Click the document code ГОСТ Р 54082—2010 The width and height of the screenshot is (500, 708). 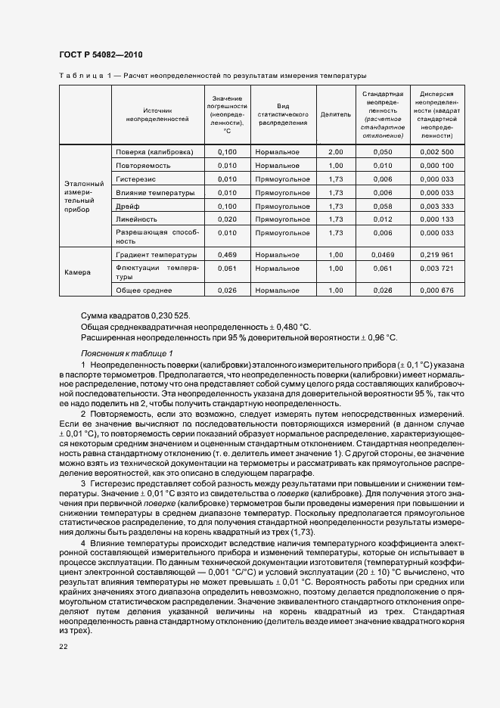pyautogui.click(x=100, y=54)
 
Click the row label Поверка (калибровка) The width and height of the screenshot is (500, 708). pyautogui.click(x=154, y=152)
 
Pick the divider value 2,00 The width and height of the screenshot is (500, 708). pyautogui.click(x=336, y=152)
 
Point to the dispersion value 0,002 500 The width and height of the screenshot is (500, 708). pyautogui.click(x=436, y=152)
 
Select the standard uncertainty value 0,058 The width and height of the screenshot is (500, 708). pyautogui.click(x=383, y=206)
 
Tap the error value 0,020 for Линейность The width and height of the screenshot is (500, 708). pyautogui.click(x=227, y=219)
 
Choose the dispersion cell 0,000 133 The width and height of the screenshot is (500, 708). pyautogui.click(x=436, y=219)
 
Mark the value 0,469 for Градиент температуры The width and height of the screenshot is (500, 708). pyautogui.click(x=227, y=255)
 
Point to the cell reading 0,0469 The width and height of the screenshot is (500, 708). pyautogui.click(x=383, y=255)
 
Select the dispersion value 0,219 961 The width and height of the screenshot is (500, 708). pyautogui.click(x=436, y=255)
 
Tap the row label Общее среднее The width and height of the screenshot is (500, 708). pyautogui.click(x=144, y=290)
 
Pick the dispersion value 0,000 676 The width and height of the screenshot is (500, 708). pyautogui.click(x=436, y=290)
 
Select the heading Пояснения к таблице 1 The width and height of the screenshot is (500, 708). pyautogui.click(x=126, y=353)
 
